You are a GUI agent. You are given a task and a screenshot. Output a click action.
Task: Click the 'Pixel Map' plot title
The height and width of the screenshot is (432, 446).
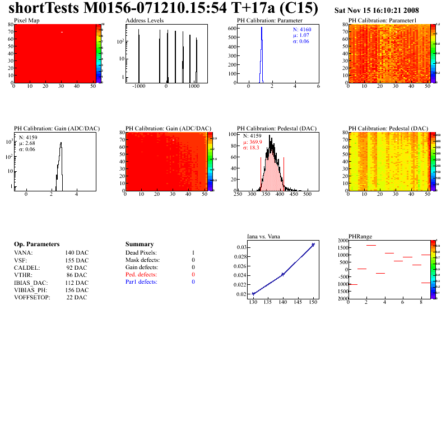point(26,20)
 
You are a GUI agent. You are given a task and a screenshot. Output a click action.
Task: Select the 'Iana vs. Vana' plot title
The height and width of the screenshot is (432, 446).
point(263,236)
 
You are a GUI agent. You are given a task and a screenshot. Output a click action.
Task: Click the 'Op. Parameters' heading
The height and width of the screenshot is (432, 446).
point(36,245)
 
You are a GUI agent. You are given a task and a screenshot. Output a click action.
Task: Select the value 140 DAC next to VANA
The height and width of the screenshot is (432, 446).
point(77,253)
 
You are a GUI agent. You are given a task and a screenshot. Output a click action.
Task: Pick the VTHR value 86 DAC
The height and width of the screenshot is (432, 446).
point(77,275)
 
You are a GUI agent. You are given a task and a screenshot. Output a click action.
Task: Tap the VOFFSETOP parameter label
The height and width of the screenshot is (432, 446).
point(32,297)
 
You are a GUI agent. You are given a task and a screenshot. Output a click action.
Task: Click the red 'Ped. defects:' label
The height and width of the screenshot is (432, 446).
point(141,275)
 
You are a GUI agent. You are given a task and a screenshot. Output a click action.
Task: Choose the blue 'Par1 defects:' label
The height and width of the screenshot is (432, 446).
point(141,282)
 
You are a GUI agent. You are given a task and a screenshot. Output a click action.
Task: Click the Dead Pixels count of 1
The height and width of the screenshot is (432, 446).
point(193,253)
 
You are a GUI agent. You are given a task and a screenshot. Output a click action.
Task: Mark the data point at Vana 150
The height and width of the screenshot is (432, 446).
point(313,245)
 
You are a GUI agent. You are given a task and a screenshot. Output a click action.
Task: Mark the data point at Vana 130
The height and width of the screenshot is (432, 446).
point(253,294)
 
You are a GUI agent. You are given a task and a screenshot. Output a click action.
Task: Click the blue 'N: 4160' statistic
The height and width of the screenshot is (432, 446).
point(303,29)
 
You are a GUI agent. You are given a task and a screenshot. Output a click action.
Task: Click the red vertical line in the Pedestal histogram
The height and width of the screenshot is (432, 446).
point(284,173)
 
